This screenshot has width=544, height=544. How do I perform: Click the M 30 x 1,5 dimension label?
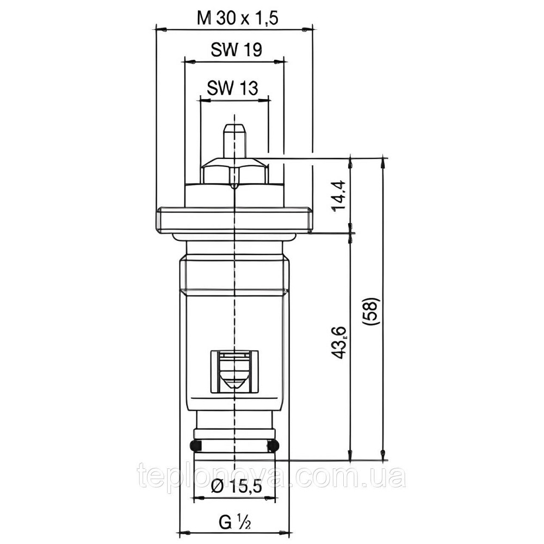point(238,18)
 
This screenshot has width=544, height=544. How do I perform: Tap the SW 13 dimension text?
point(232,88)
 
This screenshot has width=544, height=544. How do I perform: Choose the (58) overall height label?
point(374,312)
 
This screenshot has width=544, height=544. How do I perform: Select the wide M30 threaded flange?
point(234,220)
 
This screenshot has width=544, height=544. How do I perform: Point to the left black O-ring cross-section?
point(195,447)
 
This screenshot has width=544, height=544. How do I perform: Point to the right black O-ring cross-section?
point(274,447)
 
